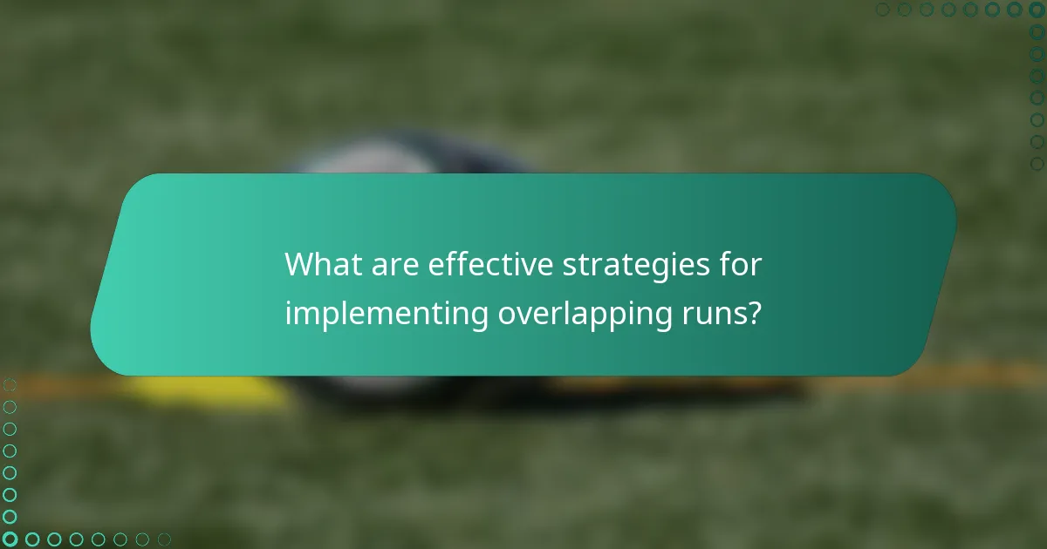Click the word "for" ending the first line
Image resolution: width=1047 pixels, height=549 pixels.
pos(741,264)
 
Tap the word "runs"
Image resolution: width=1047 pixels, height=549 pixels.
pos(706,315)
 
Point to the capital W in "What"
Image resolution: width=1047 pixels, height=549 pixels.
pos(300,264)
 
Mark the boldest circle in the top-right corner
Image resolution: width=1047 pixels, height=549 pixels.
pos(1037,10)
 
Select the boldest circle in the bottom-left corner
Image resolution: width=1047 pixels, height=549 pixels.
pos(10,539)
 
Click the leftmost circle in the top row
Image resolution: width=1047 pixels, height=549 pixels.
pos(882,10)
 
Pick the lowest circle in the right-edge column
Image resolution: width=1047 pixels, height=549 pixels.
pos(1037,163)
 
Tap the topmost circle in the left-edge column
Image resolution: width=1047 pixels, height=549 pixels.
pos(10,384)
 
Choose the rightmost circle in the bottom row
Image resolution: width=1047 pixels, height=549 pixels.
pos(164,539)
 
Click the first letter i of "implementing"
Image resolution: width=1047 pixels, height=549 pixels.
pos(288,313)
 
